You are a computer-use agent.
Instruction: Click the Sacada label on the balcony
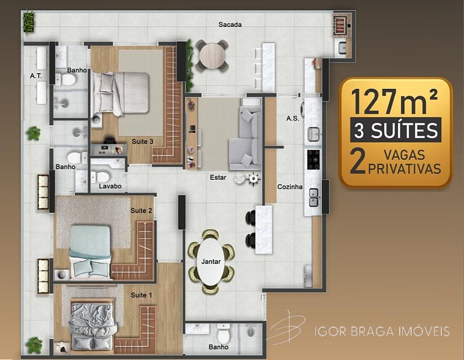pos(230,25)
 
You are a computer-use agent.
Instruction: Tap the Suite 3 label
pos(143,142)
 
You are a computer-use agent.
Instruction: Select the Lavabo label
pos(110,186)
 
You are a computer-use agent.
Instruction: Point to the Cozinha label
pos(290,187)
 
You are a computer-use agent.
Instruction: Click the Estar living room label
pos(218,178)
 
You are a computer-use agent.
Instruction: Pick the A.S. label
pos(293,118)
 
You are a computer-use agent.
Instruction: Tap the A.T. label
pos(36,76)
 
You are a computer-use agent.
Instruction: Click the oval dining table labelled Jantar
pos(210,262)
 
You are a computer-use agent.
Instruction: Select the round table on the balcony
pos(212,56)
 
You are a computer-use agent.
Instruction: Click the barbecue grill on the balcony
pos(342,24)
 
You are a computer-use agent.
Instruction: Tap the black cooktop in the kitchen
pos(314,160)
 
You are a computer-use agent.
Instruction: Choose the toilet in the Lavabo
pos(100,177)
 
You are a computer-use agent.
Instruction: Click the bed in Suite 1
pos(92,325)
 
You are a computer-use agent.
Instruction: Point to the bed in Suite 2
pos(91,252)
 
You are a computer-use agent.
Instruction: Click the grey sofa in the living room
pos(246,139)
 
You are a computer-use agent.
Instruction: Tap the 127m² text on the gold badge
pos(394,102)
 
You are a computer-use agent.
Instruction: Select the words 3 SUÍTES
pos(396,130)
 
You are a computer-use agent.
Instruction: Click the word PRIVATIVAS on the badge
pos(405,169)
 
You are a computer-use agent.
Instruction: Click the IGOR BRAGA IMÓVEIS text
pos(382,331)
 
